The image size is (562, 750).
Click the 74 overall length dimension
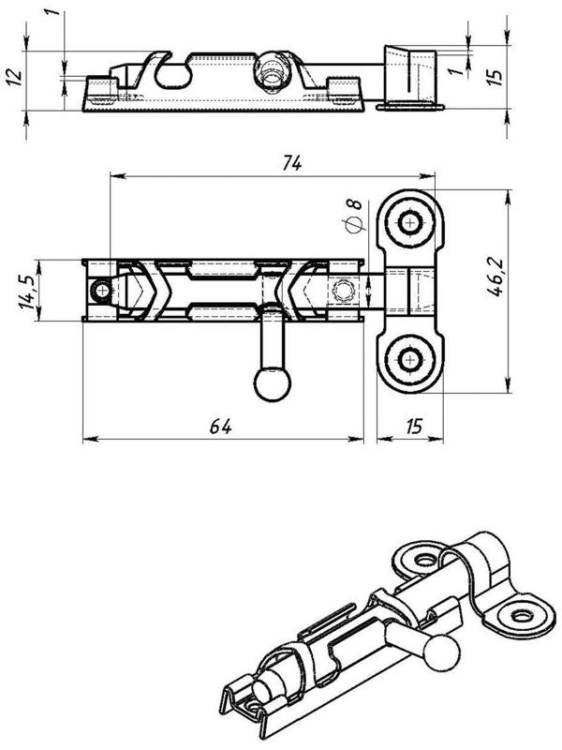point(290,162)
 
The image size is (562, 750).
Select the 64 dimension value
point(220,426)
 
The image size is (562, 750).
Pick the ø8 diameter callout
point(353,217)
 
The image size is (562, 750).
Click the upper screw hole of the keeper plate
point(409,222)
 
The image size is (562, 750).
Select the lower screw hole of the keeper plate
point(409,357)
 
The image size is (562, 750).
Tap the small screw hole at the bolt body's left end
point(100,292)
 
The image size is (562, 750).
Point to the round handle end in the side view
point(272,70)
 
